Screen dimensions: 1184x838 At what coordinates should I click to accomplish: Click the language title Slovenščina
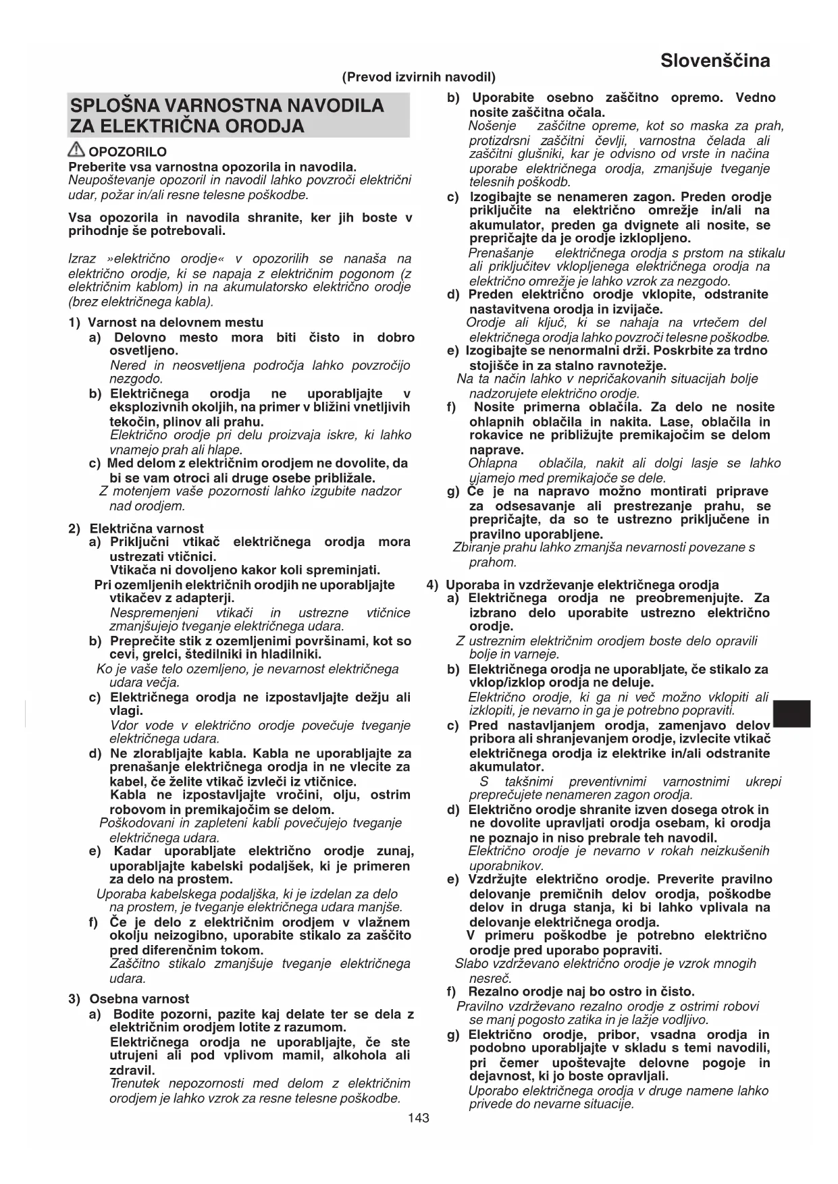(x=715, y=61)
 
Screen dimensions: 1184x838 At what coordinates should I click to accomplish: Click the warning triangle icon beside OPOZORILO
(x=77, y=151)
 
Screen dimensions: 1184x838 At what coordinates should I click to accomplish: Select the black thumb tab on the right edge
(x=791, y=714)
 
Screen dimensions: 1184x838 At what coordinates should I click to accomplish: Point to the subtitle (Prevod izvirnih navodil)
(x=419, y=77)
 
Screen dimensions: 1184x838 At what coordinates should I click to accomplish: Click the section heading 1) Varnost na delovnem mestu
(x=166, y=323)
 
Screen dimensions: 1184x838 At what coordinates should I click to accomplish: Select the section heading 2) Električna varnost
(x=136, y=529)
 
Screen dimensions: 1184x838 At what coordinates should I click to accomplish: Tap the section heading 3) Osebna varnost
(x=129, y=999)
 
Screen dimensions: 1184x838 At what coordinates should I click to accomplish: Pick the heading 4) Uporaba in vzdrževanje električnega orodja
(x=573, y=585)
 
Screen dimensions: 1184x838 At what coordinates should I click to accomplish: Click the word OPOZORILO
(x=128, y=153)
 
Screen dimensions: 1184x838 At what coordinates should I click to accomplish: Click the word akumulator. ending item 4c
(x=506, y=767)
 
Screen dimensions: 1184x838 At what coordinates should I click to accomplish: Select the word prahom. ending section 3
(x=493, y=562)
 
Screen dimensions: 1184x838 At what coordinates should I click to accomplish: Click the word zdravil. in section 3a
(x=132, y=1070)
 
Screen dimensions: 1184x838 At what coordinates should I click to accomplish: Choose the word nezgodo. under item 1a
(x=136, y=379)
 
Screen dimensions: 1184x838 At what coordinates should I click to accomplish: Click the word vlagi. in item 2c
(x=126, y=711)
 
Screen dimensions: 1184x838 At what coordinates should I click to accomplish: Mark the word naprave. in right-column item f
(x=496, y=450)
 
